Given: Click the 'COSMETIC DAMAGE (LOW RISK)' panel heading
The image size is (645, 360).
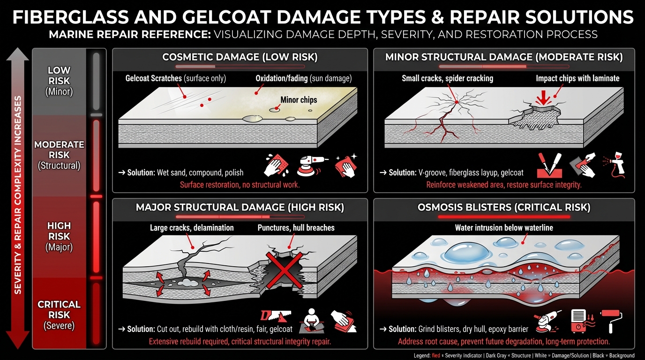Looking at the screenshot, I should click(240, 57).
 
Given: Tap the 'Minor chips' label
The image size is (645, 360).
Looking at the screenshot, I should click(299, 99).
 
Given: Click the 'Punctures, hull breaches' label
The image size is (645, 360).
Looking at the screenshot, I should click(296, 228).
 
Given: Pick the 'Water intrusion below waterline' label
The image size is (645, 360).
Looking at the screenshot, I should click(504, 228).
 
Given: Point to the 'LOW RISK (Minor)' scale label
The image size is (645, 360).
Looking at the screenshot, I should click(59, 81).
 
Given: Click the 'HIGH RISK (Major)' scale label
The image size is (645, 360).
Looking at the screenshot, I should click(59, 236).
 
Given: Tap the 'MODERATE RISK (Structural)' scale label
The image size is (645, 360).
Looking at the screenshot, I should click(59, 155).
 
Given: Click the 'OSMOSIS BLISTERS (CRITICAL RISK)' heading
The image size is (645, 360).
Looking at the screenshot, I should click(504, 207).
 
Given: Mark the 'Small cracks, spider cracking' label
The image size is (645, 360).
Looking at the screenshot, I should click(447, 78).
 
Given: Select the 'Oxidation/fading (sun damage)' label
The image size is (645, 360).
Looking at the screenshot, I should click(303, 78).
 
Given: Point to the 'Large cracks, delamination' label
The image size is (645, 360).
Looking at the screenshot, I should click(192, 228).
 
